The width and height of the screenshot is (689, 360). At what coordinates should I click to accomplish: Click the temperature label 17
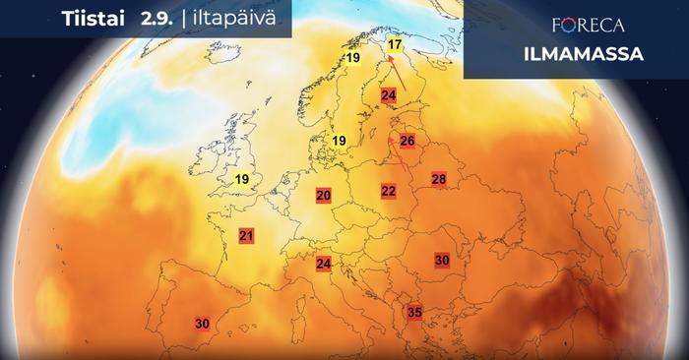point(395,45)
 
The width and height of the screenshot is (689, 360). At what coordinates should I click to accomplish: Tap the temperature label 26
point(407,141)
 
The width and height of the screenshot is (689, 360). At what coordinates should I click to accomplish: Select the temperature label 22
point(389,191)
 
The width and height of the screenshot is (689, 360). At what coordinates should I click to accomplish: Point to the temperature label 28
point(439,179)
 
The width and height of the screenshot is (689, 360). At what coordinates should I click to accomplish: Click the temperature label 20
point(323,196)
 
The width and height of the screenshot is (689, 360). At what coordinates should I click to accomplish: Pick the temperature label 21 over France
point(246,236)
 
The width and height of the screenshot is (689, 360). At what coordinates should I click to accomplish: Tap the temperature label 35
point(414,313)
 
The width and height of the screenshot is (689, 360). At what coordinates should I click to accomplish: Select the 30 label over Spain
point(203,323)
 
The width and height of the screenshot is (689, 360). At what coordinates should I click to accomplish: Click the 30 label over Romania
point(442,260)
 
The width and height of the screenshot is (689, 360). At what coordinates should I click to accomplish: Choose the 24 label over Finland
point(388,94)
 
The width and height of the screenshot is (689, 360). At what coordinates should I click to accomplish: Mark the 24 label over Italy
point(323,264)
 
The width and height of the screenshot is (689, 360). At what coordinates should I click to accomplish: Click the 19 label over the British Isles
point(242,179)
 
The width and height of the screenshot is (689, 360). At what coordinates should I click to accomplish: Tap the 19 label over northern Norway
point(352,60)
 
